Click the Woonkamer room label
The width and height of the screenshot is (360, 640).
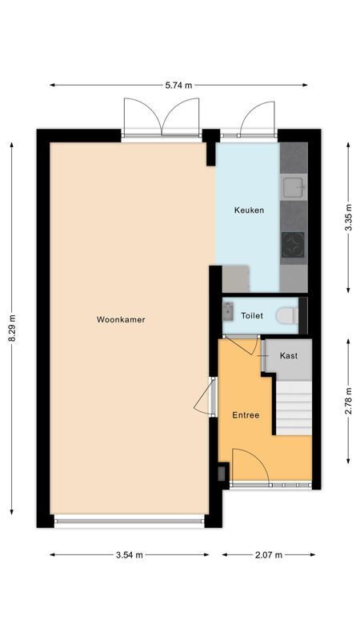tap(121, 319)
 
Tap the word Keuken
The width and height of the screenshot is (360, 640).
tap(249, 210)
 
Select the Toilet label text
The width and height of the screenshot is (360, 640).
tap(252, 316)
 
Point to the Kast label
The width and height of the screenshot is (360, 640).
tap(288, 355)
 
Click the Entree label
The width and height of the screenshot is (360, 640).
tap(246, 415)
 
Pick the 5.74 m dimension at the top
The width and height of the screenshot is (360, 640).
tap(178, 84)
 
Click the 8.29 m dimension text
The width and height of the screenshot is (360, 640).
tap(11, 328)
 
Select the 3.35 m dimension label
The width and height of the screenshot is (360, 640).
tap(348, 218)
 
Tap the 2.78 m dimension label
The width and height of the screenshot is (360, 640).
tap(348, 400)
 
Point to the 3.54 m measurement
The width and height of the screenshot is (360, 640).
tap(129, 554)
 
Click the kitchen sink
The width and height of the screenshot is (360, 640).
tap(293, 188)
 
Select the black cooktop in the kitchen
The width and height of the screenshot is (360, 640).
tap(293, 244)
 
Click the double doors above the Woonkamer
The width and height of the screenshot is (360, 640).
tap(161, 118)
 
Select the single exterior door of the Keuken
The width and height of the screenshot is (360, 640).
tap(258, 119)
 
